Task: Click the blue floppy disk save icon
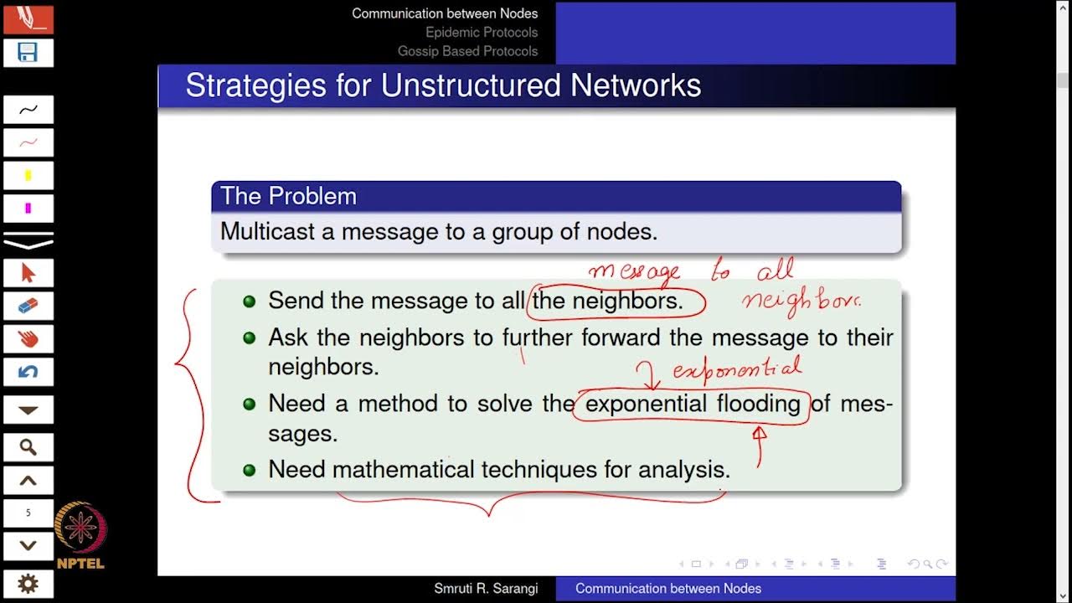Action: (x=28, y=53)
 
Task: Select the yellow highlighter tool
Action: (x=28, y=176)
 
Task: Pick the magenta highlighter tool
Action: (x=28, y=209)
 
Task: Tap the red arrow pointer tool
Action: (x=28, y=273)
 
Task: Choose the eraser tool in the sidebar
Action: (x=28, y=306)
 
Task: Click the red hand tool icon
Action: (x=28, y=339)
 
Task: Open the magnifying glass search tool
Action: (x=28, y=447)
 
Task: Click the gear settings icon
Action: (x=28, y=584)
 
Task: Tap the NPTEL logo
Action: (x=80, y=536)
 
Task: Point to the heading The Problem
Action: (x=288, y=196)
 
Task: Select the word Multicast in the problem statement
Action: (x=267, y=231)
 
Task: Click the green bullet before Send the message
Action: (x=249, y=301)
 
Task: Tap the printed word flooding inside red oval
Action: (x=759, y=404)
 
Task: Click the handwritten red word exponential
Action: (x=737, y=368)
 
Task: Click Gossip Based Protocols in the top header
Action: (x=467, y=51)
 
